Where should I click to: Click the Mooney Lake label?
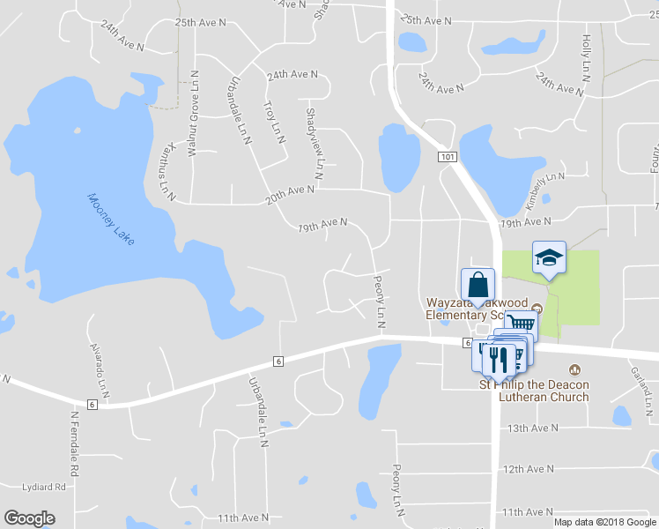pos(111,218)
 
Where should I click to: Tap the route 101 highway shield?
pos(448,156)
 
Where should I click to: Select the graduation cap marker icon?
pos(549,258)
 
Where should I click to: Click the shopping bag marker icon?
pos(478,285)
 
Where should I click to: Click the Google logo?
pos(29,518)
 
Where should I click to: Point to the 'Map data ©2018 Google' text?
pos(604,522)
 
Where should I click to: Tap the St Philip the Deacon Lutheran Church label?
pos(534,391)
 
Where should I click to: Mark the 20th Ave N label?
pos(290,195)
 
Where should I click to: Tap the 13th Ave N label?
pos(532,428)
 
